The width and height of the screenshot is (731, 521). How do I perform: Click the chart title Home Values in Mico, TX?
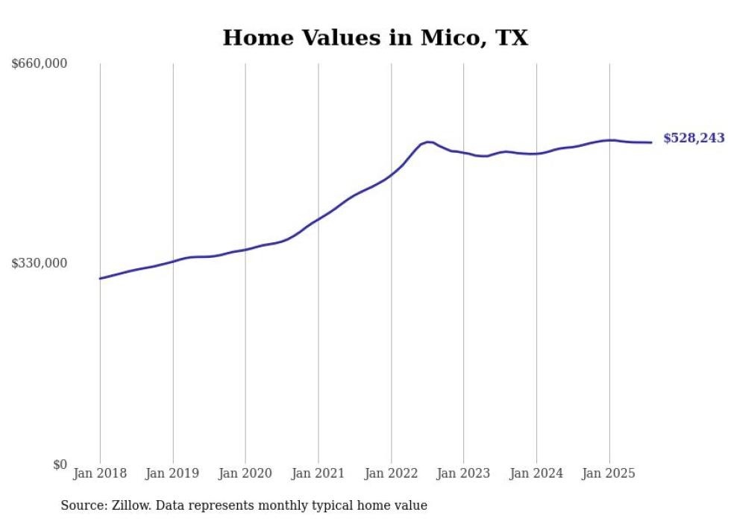point(375,37)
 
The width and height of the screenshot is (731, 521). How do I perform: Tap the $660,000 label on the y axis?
point(40,64)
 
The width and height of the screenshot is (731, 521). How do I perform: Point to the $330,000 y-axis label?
point(40,263)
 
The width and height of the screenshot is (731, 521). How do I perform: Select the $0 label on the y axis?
point(60,464)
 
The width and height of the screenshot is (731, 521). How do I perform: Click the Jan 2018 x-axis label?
point(100,473)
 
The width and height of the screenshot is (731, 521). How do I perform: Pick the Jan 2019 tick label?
point(173,473)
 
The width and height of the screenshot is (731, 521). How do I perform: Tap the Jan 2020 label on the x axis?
point(245,473)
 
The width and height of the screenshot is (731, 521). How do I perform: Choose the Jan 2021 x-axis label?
point(319,473)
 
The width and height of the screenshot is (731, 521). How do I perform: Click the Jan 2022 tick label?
point(391,473)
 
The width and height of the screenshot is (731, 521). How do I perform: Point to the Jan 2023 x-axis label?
point(464,473)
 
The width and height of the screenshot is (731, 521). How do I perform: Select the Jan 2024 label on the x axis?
point(536,473)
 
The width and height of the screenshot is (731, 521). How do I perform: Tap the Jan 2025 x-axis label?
point(609,473)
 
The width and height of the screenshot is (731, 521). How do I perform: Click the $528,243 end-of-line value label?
point(694,138)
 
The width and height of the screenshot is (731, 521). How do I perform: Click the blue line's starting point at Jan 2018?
point(101,278)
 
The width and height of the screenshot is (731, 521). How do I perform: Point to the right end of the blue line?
point(652,142)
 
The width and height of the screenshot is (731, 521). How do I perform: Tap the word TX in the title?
point(509,37)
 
